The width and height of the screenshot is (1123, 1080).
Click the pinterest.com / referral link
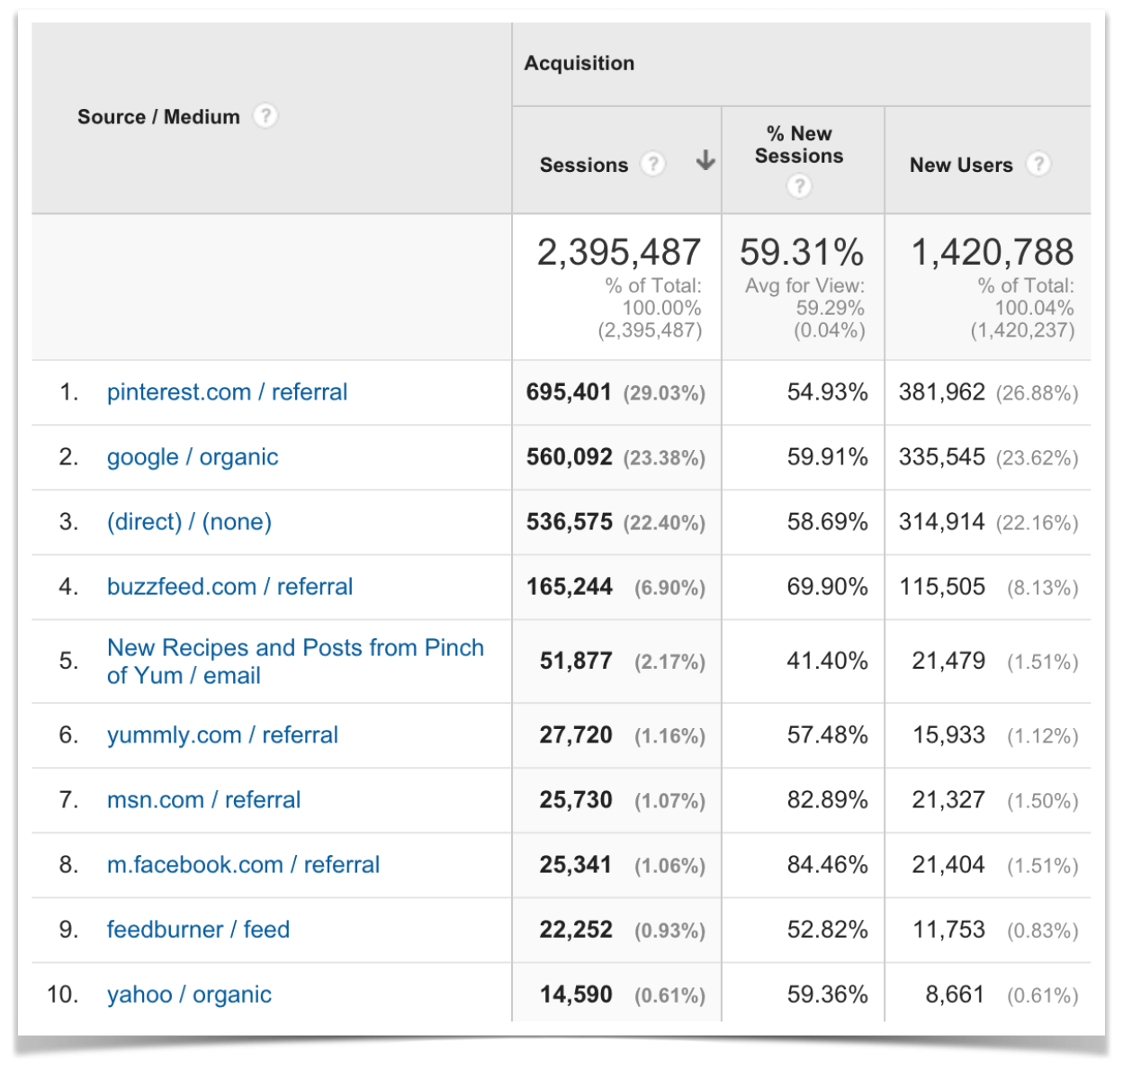click(x=227, y=392)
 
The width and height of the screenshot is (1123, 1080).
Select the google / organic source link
click(x=193, y=457)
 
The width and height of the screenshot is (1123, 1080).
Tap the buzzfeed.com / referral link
click(x=229, y=587)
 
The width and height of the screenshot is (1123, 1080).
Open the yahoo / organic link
click(x=189, y=994)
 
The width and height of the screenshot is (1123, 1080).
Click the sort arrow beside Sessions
click(x=706, y=161)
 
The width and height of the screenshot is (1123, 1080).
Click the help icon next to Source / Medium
click(x=265, y=116)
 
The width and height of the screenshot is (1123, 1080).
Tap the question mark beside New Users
click(x=1038, y=164)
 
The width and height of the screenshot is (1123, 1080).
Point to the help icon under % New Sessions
click(x=799, y=186)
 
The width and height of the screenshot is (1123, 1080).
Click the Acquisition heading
click(x=579, y=63)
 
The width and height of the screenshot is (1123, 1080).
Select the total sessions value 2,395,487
click(x=619, y=253)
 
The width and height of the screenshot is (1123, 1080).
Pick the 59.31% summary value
click(x=802, y=253)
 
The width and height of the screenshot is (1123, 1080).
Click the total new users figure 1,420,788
click(x=993, y=253)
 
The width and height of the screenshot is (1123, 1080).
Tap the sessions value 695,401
click(x=569, y=392)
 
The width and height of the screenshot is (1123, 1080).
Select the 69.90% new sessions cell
click(x=827, y=587)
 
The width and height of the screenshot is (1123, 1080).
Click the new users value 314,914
click(x=941, y=522)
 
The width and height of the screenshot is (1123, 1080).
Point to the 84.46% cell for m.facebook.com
click(x=827, y=865)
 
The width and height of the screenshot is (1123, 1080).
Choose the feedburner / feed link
click(x=198, y=930)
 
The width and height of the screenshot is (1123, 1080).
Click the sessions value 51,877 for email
click(x=576, y=661)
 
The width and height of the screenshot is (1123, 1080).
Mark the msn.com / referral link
click(x=203, y=800)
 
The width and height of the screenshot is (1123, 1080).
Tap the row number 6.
click(x=68, y=735)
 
